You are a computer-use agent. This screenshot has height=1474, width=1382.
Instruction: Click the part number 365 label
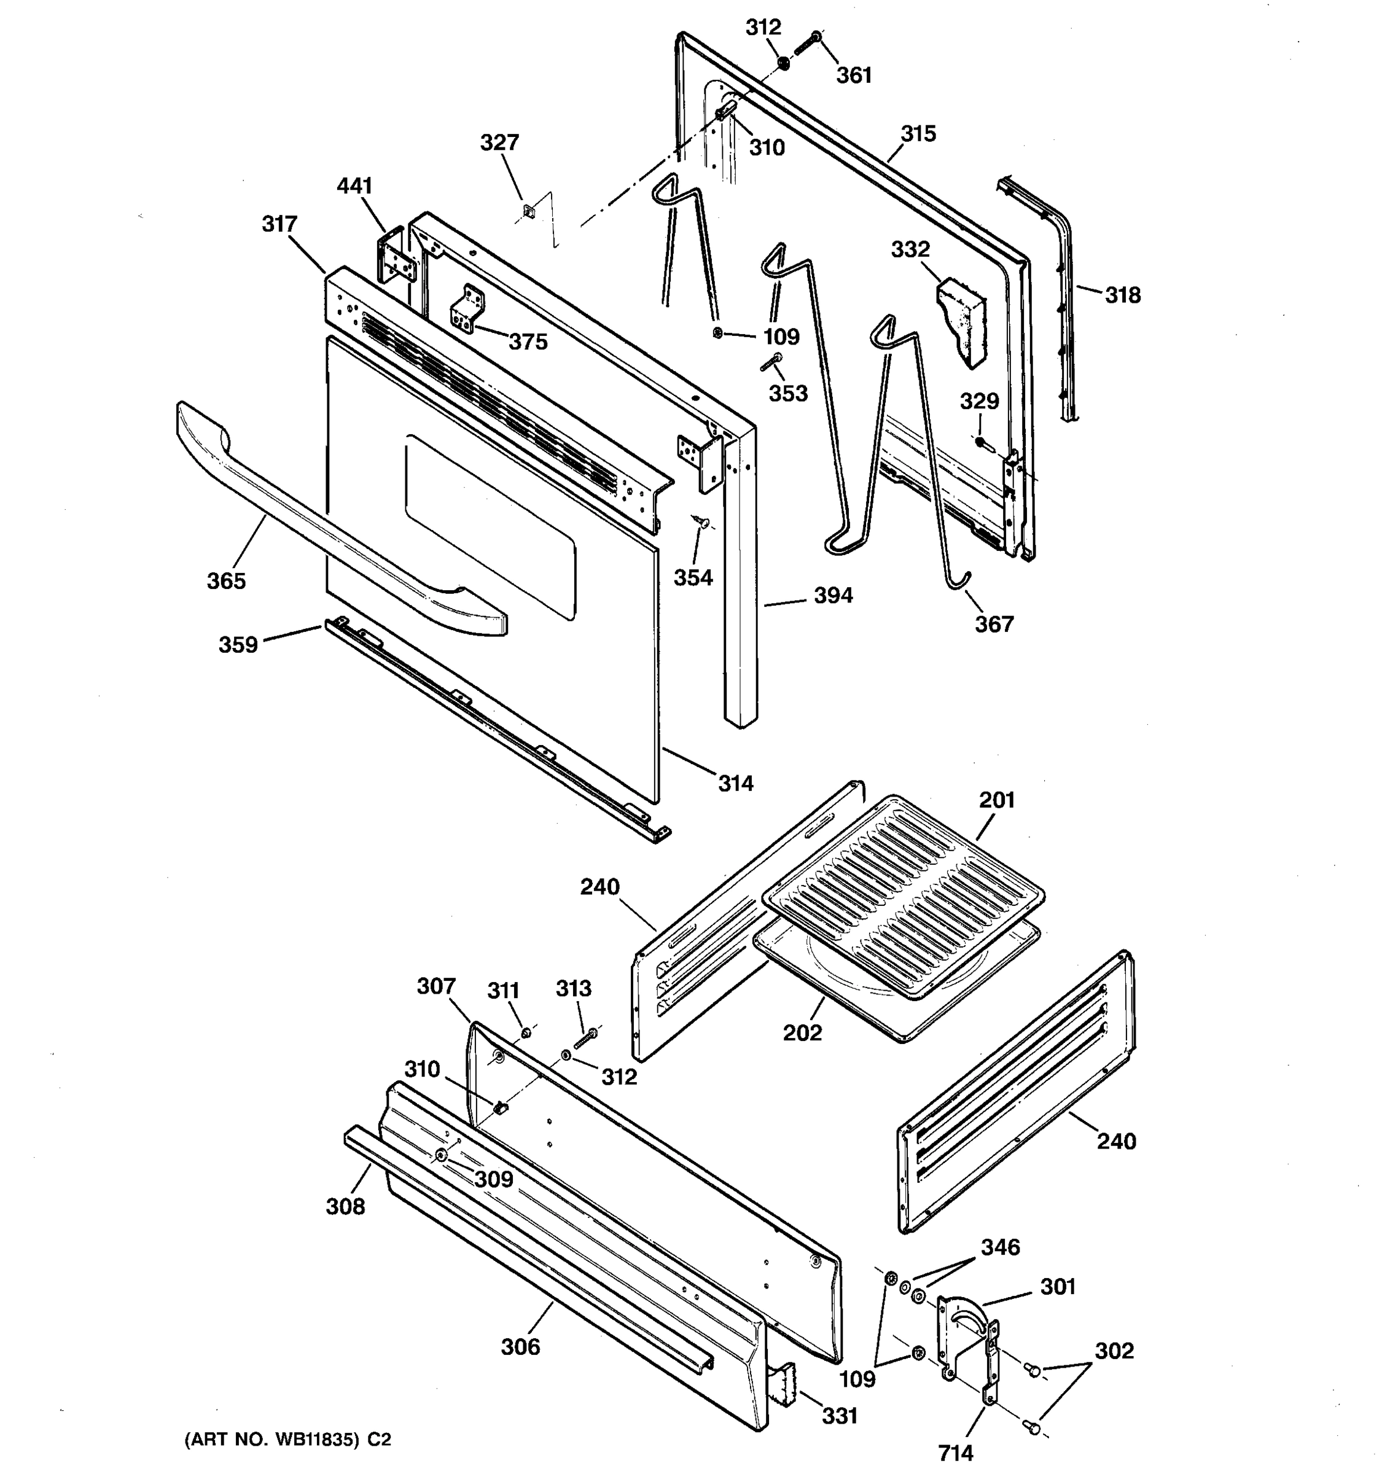click(x=226, y=580)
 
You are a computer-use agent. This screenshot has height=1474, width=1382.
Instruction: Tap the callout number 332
click(x=910, y=249)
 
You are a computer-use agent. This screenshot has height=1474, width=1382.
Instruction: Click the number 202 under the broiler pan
click(x=802, y=1033)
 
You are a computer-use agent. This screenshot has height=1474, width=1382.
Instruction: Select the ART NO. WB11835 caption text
click(x=287, y=1440)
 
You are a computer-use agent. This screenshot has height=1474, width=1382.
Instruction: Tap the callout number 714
click(x=956, y=1453)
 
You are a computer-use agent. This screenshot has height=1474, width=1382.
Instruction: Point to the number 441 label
click(x=354, y=185)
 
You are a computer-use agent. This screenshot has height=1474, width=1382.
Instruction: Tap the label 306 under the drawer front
click(x=520, y=1346)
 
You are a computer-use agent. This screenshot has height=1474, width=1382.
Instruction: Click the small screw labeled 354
click(x=698, y=521)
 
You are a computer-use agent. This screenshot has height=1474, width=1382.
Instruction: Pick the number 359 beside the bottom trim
click(x=238, y=644)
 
